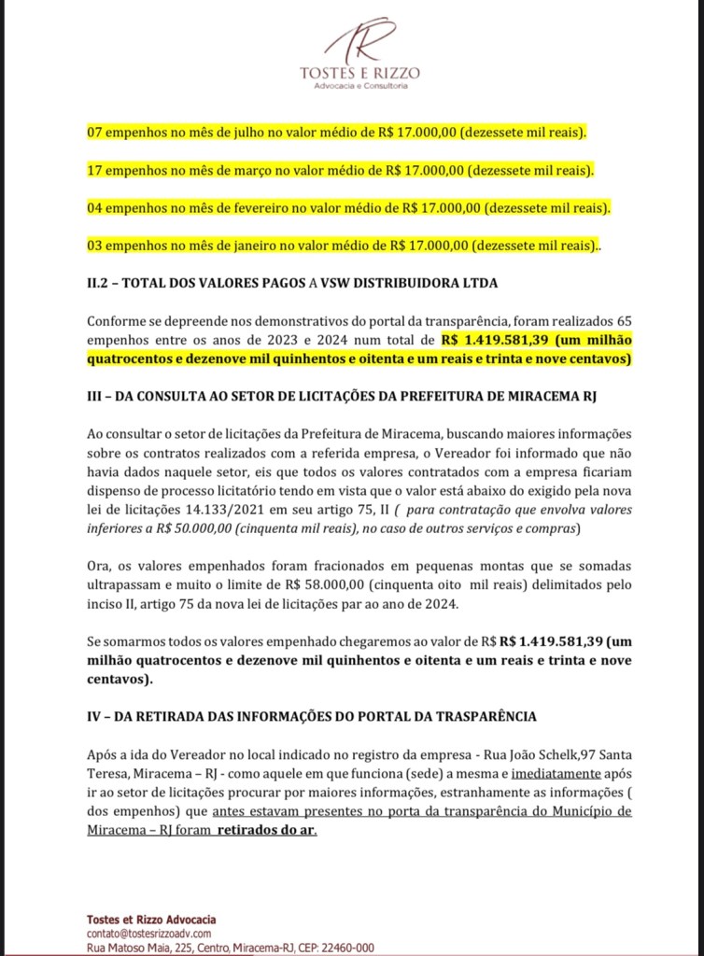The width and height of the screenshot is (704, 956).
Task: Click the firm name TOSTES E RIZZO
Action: pyautogui.click(x=359, y=73)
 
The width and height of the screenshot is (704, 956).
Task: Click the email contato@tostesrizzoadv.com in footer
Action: pyautogui.click(x=149, y=933)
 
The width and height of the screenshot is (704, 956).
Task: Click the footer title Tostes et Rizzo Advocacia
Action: pyautogui.click(x=151, y=919)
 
